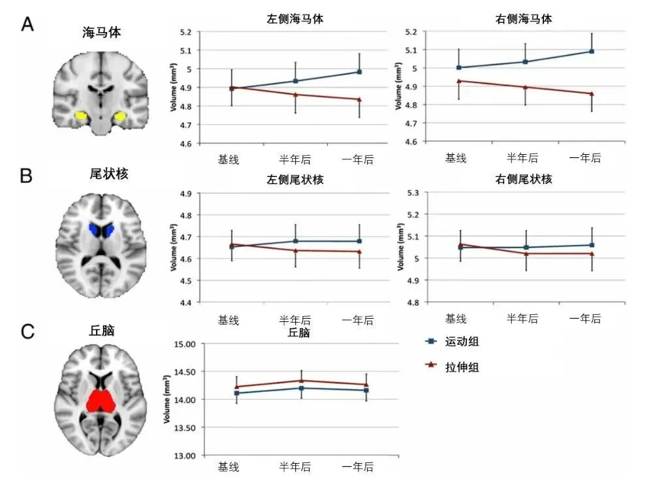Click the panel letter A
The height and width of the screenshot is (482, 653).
27,25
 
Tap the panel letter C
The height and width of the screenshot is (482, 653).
27,331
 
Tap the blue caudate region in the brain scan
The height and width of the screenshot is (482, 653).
101,230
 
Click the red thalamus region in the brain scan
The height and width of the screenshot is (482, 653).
101,400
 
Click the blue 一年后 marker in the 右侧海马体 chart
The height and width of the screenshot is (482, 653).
592,51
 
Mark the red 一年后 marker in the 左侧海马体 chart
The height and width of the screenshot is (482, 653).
359,99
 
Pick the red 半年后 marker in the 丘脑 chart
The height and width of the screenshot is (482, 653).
301,380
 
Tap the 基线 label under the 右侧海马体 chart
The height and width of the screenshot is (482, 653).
456,157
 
